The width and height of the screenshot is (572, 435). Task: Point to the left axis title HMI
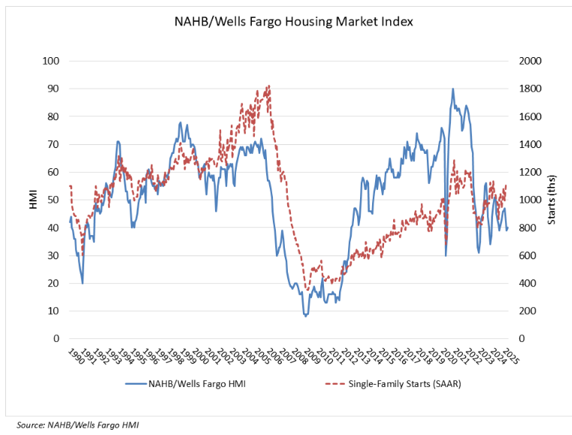point(33,200)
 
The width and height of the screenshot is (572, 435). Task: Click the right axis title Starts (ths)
point(551,200)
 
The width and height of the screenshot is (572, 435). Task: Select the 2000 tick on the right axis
point(528,61)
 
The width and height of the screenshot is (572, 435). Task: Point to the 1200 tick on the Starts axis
point(528,172)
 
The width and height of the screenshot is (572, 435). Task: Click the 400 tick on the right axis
point(525,283)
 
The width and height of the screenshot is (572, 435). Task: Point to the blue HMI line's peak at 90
point(452,89)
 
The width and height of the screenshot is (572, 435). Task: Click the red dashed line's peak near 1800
point(268,86)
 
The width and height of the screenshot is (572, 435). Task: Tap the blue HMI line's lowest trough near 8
point(305,316)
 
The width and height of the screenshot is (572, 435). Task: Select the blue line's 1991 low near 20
point(83,282)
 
